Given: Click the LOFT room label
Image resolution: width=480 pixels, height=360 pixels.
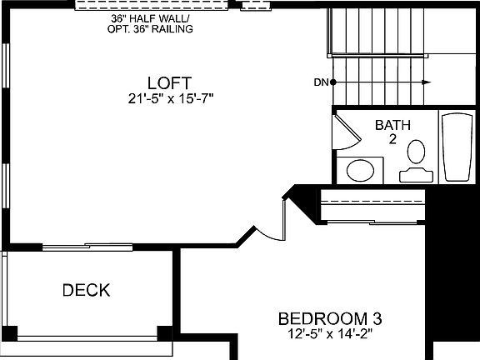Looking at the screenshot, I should coord(169,83).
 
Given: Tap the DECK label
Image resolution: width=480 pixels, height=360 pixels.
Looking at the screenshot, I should coord(86,291).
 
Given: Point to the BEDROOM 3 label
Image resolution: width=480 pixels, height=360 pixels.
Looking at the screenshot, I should coord(330,318).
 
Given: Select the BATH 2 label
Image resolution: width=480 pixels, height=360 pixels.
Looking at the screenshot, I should coord(392,132).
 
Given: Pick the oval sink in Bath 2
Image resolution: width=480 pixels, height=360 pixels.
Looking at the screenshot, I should coord(360,171).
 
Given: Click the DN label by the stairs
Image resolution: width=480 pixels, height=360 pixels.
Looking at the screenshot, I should coord(320,82).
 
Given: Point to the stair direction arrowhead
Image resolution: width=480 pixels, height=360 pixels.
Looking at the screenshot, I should coord(427,82).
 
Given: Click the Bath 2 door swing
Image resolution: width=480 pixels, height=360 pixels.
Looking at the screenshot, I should coord(344,132).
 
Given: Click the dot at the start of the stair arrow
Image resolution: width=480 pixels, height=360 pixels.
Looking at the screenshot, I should coord(333,82).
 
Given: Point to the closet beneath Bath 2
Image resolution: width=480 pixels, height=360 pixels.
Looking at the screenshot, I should coord(372,206).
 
